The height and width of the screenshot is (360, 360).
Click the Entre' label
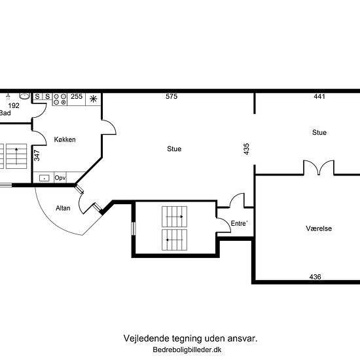click(240, 224)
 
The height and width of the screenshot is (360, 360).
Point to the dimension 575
click(171, 97)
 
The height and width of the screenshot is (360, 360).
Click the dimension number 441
click(319, 97)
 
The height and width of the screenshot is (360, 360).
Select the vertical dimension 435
click(247, 148)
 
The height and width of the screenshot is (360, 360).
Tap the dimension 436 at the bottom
click(315, 277)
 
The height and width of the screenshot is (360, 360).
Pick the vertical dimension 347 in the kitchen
click(37, 155)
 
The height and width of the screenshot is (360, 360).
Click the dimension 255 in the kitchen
click(77, 97)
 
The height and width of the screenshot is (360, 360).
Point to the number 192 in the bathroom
click(13, 105)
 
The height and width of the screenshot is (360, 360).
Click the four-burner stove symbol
click(59, 99)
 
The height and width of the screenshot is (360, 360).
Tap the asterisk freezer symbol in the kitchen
click(94, 99)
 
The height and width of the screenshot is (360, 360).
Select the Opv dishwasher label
click(60, 177)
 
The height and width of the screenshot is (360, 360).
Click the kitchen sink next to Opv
click(45, 177)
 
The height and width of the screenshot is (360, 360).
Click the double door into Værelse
click(318, 168)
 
